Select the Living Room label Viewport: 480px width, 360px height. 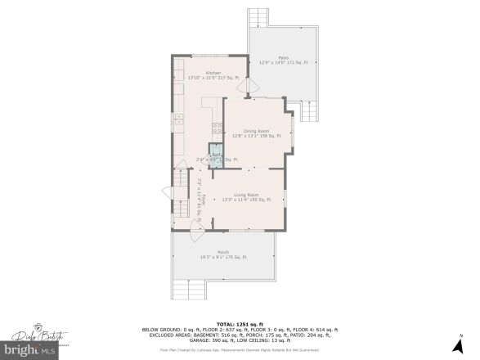246,196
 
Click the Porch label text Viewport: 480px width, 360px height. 222,253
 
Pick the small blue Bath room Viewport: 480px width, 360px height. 215,158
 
